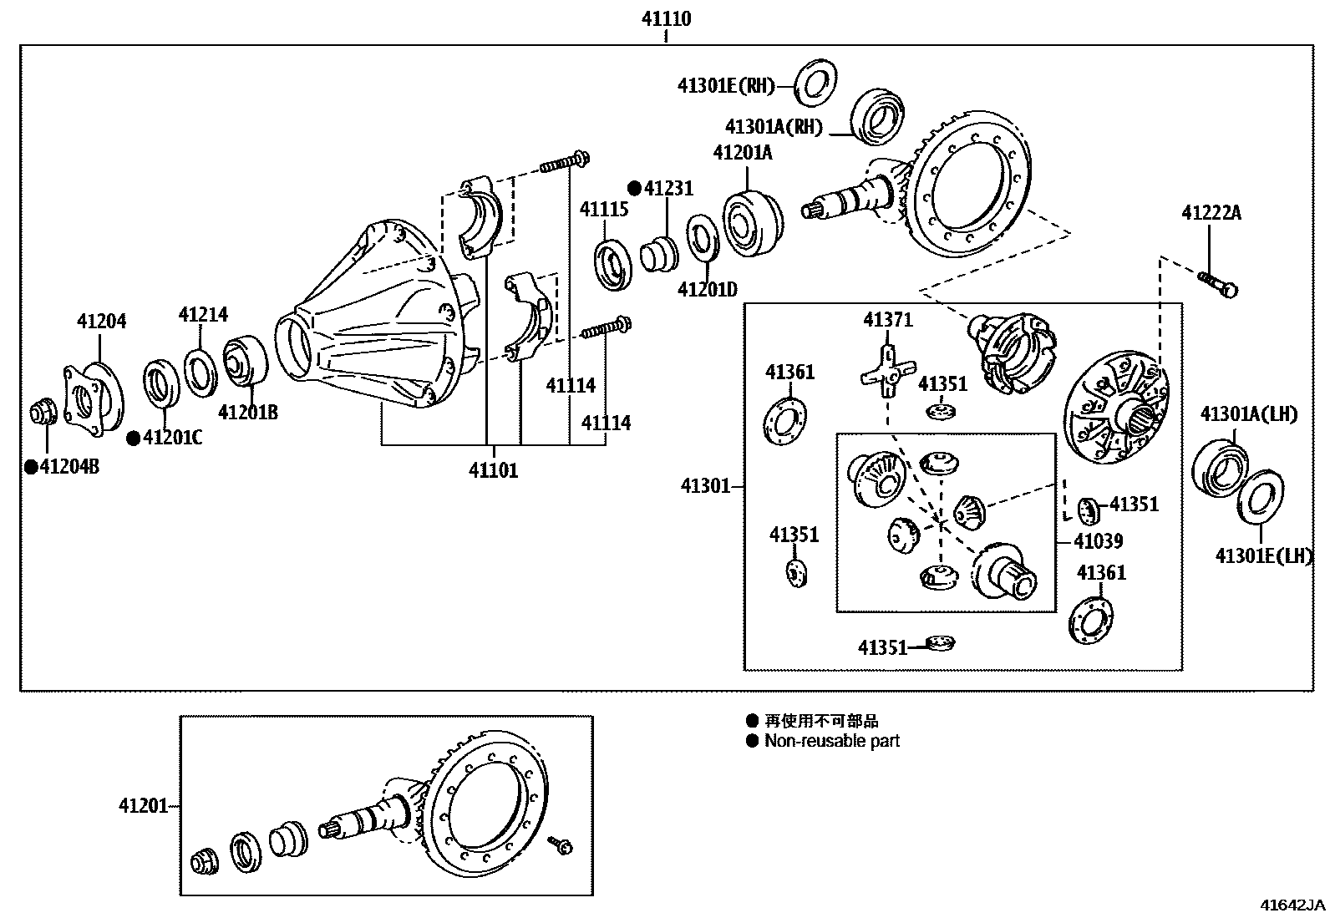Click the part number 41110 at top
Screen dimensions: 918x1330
pos(666,18)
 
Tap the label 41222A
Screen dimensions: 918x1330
pos(1211,213)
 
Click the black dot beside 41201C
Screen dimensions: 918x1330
pos(133,438)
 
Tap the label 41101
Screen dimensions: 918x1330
pos(493,470)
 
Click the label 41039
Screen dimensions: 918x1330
pos(1098,541)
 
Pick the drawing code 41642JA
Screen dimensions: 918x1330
pos(1292,905)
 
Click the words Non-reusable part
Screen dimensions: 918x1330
pos(831,741)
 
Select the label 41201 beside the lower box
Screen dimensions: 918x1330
pos(143,806)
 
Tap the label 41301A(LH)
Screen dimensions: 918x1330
pos(1248,413)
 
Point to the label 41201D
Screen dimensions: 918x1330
pos(707,289)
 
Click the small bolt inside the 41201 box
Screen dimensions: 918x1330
pos(560,844)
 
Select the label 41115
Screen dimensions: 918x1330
pos(604,209)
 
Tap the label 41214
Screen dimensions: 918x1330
pos(202,314)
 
